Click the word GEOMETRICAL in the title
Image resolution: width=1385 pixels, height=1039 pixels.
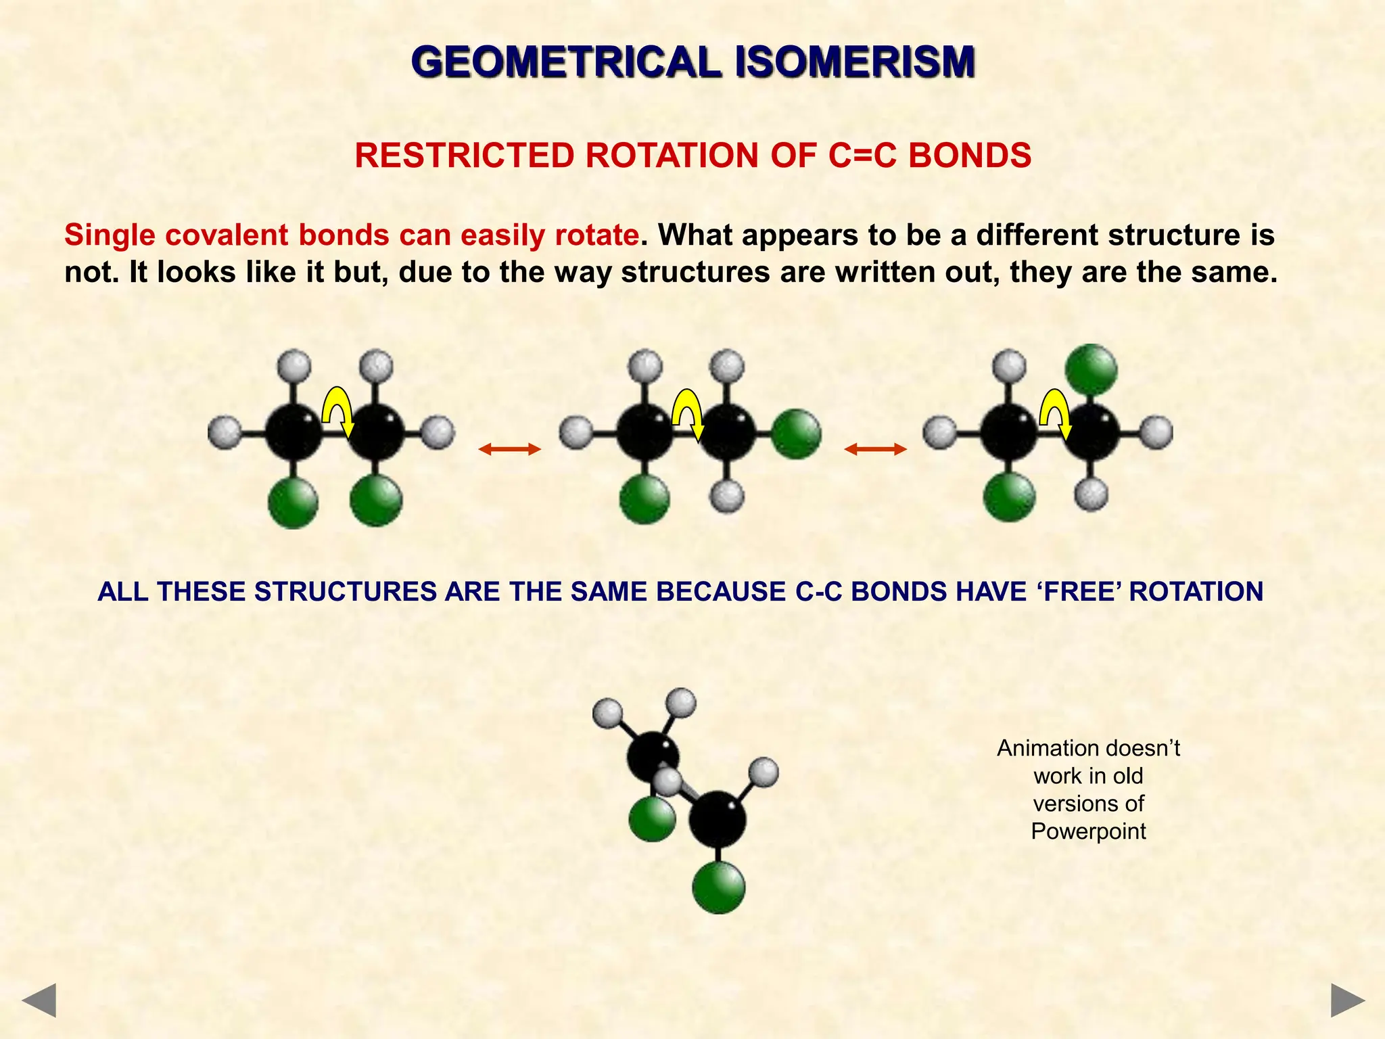(566, 62)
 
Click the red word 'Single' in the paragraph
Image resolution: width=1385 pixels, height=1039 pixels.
(110, 235)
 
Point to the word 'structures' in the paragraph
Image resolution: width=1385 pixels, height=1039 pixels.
(695, 273)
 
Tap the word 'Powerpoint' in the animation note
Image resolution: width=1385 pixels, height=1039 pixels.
(1088, 831)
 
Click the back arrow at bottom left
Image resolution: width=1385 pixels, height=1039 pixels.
(39, 1000)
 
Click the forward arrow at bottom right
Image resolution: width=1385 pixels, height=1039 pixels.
(1348, 1000)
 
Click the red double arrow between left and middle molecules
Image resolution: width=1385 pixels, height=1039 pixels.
(510, 448)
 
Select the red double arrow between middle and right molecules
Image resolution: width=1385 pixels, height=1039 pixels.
(876, 448)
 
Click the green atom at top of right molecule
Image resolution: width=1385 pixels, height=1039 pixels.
(1091, 370)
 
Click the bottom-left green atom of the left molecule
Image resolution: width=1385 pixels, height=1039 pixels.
(293, 503)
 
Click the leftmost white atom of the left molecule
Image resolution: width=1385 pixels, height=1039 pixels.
(225, 432)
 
